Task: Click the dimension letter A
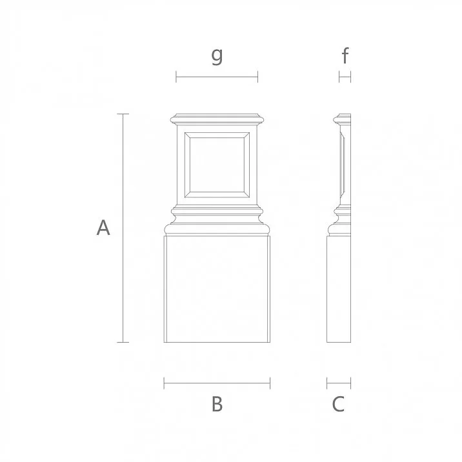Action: [103, 227]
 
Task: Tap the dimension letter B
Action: [217, 405]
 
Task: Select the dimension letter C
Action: [338, 405]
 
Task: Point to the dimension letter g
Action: [217, 56]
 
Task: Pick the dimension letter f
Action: [345, 56]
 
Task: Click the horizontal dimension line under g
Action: [217, 77]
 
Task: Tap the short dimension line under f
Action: [345, 77]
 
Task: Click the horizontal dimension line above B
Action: [217, 384]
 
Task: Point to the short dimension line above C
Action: [339, 384]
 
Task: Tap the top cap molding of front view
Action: [217, 119]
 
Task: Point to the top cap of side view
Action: [343, 119]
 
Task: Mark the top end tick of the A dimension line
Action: [123, 114]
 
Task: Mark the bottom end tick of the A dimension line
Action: [123, 342]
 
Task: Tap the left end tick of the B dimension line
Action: [164, 384]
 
